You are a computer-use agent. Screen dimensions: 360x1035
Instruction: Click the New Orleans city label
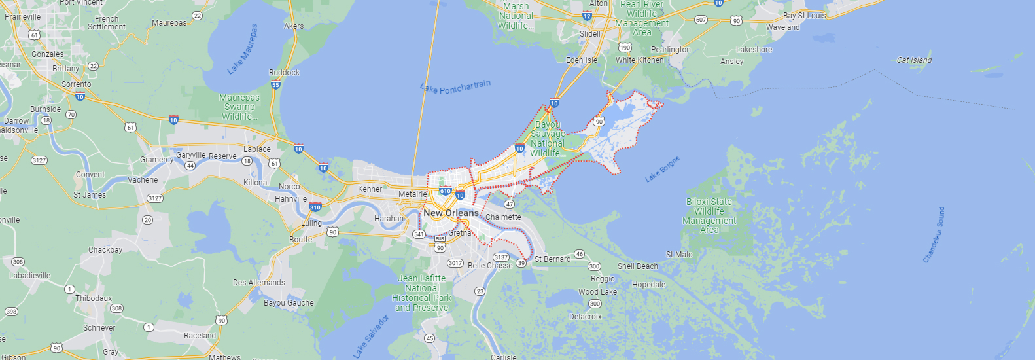point(451,213)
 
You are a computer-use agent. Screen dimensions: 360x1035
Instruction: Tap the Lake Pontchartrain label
point(455,87)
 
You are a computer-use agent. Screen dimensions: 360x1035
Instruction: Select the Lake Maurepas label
point(243,50)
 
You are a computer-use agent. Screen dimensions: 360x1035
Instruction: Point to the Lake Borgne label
point(662,169)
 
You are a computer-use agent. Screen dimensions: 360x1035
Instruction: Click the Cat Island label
point(914,60)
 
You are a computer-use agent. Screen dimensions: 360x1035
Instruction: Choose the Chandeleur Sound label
point(934,235)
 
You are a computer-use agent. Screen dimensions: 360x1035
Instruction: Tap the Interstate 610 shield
point(446,191)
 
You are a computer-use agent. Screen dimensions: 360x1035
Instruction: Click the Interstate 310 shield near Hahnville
point(315,207)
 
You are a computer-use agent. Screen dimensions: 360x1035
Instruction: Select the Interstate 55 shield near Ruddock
point(275,84)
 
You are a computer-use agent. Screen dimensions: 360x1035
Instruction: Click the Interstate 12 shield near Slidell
point(587,16)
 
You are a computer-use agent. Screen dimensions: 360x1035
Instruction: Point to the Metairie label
point(413,194)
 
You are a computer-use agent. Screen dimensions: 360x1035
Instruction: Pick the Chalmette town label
point(503,217)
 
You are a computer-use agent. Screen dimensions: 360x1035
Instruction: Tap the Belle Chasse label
point(490,266)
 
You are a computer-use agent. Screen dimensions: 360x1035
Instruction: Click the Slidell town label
point(589,34)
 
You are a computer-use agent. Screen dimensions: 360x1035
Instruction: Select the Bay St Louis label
point(804,16)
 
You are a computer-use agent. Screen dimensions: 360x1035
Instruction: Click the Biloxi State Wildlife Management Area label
point(709,216)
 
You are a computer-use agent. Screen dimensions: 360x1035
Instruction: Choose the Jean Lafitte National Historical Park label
point(422,293)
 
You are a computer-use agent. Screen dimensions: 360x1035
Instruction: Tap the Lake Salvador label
point(371,336)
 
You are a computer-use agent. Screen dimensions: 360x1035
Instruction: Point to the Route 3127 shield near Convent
point(39,160)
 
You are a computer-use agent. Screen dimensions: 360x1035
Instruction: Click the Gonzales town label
point(48,54)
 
